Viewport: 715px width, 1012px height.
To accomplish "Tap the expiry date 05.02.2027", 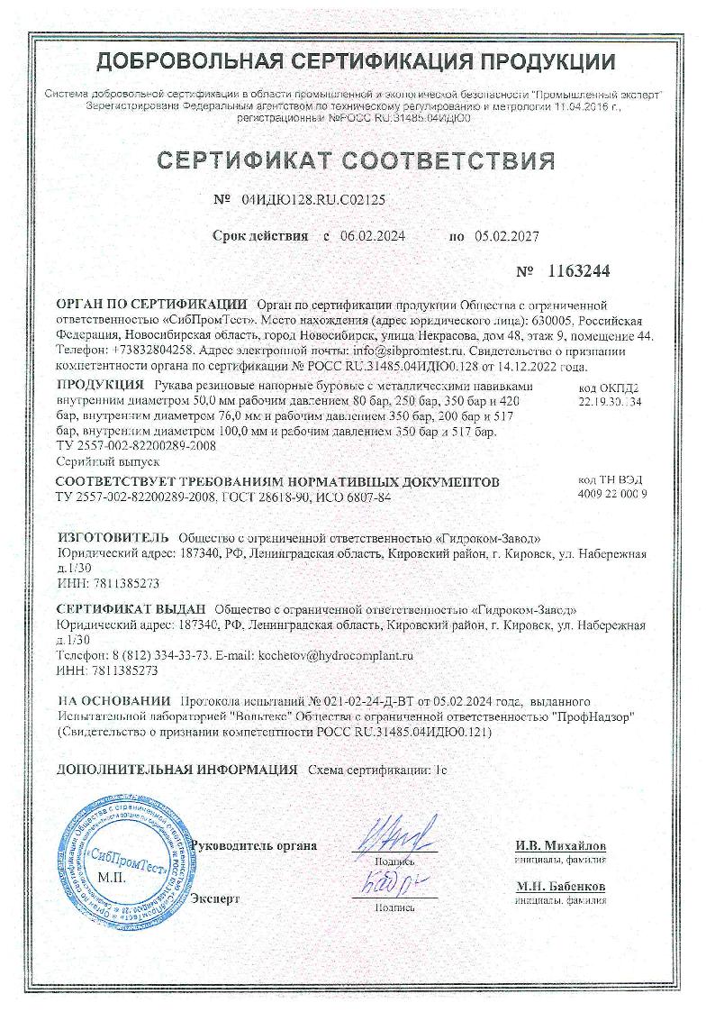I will (x=506, y=236).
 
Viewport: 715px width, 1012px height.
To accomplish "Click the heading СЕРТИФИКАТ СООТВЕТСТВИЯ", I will (x=357, y=160).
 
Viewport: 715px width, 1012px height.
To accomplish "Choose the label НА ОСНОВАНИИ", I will (x=113, y=701).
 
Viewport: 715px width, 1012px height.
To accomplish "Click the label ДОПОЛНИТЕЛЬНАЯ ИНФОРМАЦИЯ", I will (x=176, y=770).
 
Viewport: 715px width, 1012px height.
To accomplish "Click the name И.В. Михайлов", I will (x=560, y=847).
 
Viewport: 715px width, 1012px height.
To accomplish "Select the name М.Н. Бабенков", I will (x=560, y=888).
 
